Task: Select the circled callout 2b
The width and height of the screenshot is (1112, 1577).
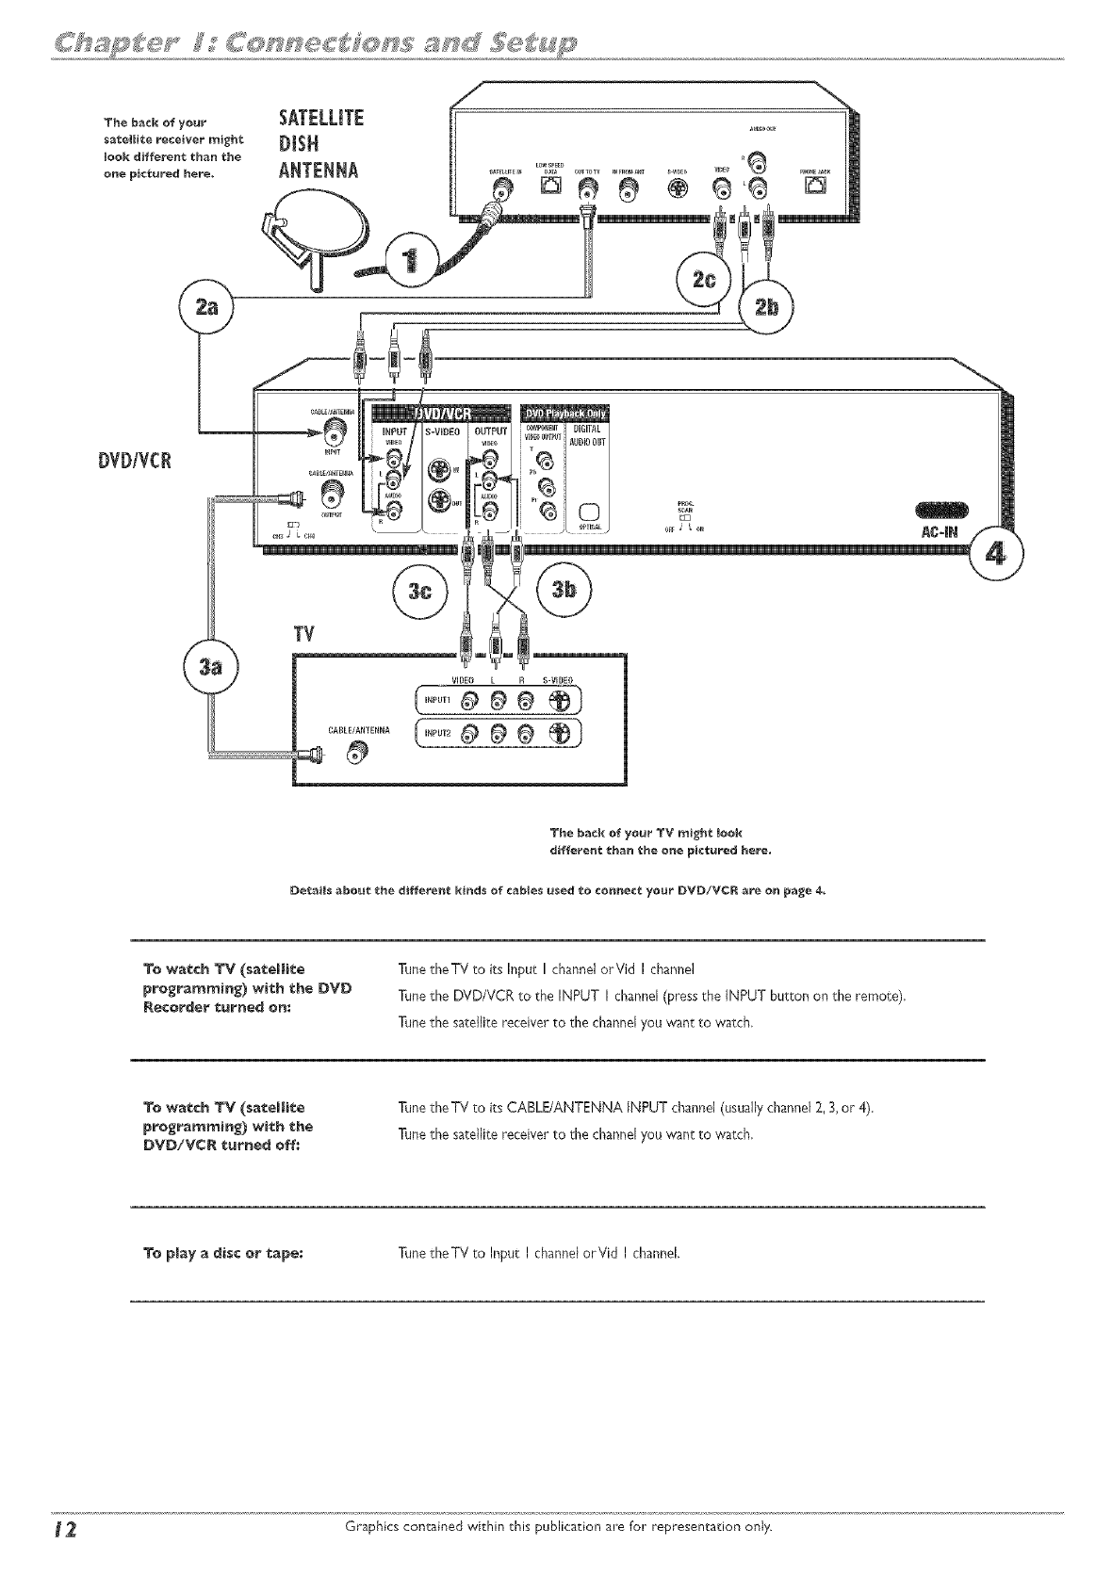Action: click(766, 309)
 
